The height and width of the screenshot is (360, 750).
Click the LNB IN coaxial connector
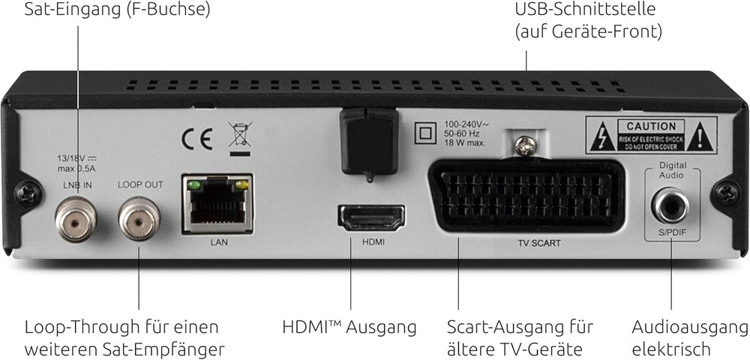tap(76, 220)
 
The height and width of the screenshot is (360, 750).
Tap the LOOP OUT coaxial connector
tap(139, 220)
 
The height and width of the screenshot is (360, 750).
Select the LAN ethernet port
tap(217, 204)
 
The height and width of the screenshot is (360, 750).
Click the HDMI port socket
tap(371, 218)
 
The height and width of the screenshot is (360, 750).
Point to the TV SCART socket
tap(526, 196)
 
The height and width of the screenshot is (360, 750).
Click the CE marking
tap(196, 139)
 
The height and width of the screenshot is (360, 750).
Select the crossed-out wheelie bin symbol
tap(240, 139)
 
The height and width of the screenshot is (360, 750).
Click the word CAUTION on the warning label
tap(651, 127)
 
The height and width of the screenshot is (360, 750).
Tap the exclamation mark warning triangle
tap(702, 136)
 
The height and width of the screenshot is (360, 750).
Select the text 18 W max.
tap(465, 142)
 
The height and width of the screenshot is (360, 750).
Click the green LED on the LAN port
tap(193, 184)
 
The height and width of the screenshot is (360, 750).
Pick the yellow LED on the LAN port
tap(242, 184)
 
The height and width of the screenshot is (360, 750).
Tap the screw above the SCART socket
tap(525, 145)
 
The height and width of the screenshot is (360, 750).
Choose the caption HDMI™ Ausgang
tap(349, 328)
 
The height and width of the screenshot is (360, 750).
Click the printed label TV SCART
tap(538, 243)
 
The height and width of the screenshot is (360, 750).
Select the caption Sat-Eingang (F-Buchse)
tap(117, 10)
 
